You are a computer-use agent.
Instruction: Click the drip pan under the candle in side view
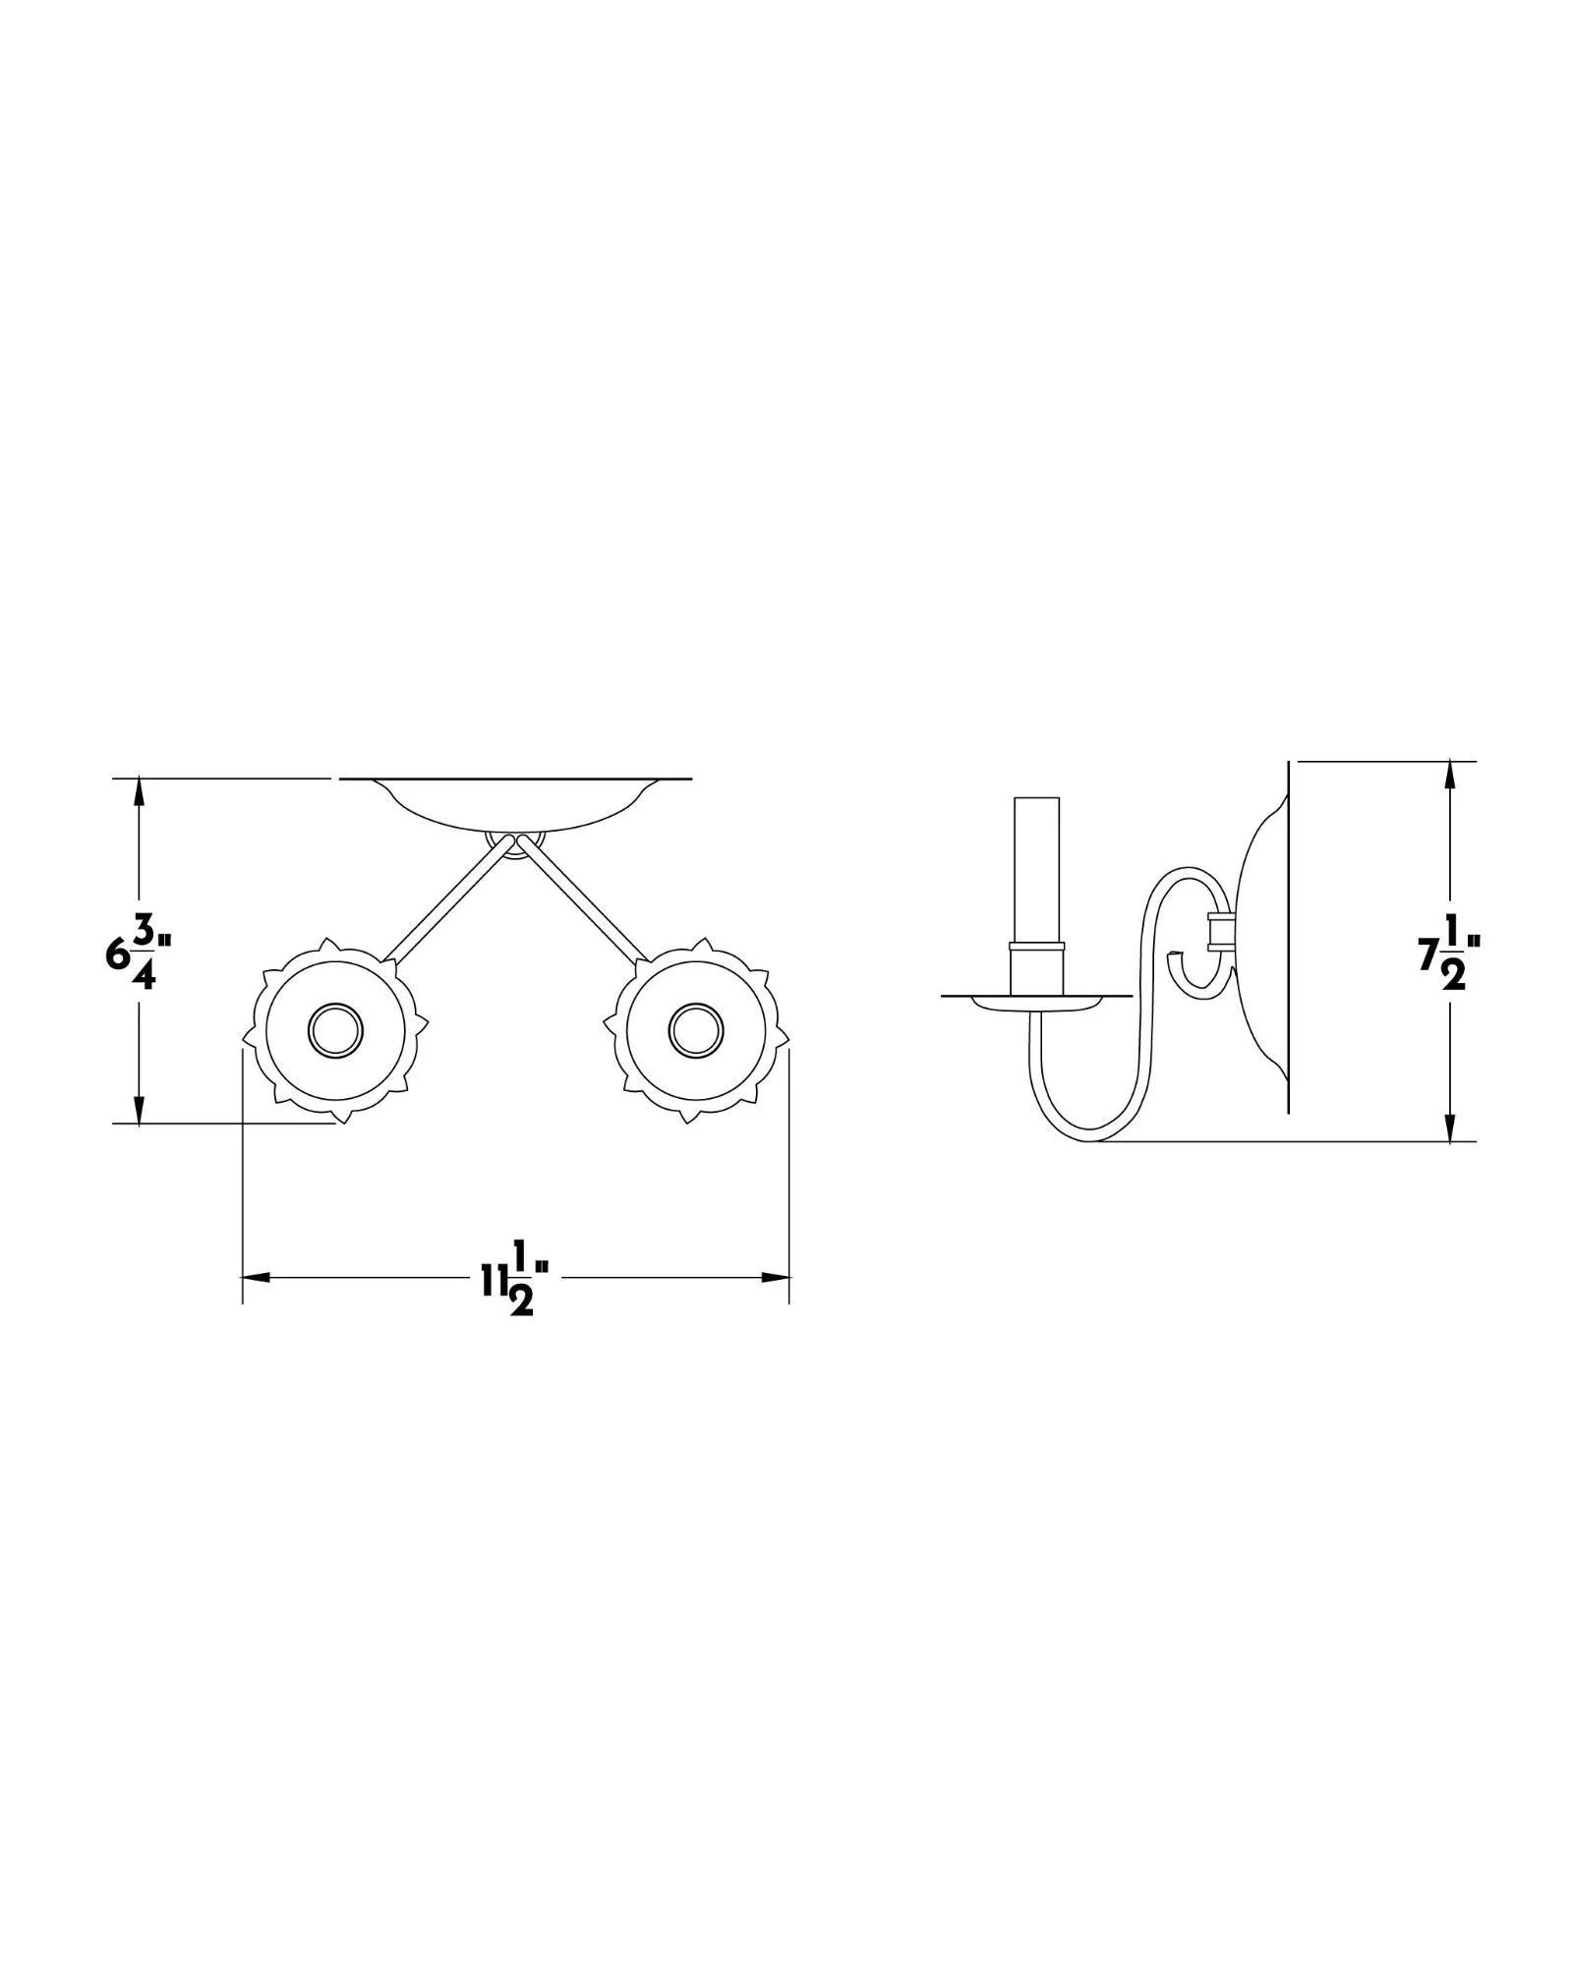1037,1002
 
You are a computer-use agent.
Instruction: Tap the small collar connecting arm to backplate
1219,929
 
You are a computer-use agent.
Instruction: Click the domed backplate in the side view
1263,944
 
